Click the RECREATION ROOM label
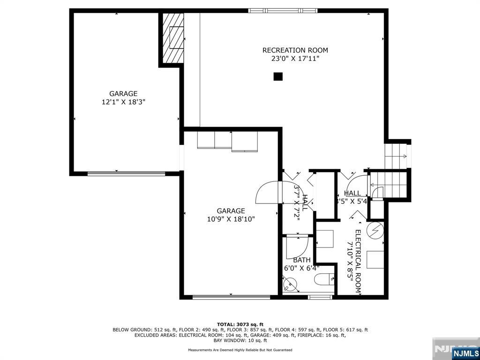click(x=295, y=50)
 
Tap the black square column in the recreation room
click(x=278, y=76)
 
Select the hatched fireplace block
click(x=172, y=39)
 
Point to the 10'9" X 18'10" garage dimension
click(x=231, y=219)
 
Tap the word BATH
click(x=301, y=260)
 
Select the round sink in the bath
click(x=291, y=283)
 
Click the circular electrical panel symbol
click(x=376, y=230)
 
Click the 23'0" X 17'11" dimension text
click(x=295, y=59)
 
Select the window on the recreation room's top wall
click(x=283, y=10)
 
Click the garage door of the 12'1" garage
click(x=126, y=173)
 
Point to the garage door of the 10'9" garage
click(x=231, y=297)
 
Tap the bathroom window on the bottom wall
click(x=320, y=297)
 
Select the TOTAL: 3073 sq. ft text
click(x=240, y=324)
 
